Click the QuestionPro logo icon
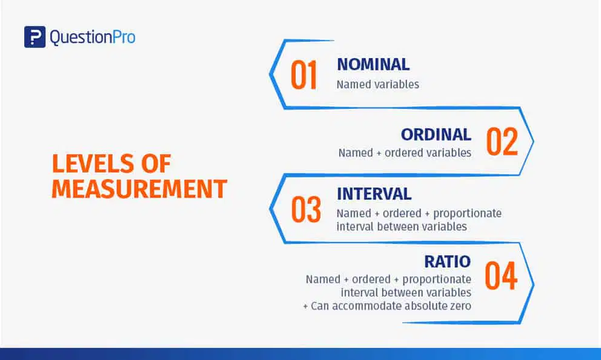pos(35,37)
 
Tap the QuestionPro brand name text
pos(92,37)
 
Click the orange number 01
pos(304,75)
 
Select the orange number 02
pos(502,141)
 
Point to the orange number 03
pos(306,209)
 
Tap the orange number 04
pos(501,275)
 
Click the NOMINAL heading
pos(373,64)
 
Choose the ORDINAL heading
pos(436,135)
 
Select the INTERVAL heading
pos(374,194)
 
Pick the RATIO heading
pos(448,261)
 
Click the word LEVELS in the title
pos(93,164)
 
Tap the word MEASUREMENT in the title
pos(139,188)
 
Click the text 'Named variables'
pos(378,84)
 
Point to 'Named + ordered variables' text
pos(405,153)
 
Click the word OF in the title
pos(156,164)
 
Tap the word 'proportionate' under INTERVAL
pos(467,213)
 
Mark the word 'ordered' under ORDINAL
pos(404,153)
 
